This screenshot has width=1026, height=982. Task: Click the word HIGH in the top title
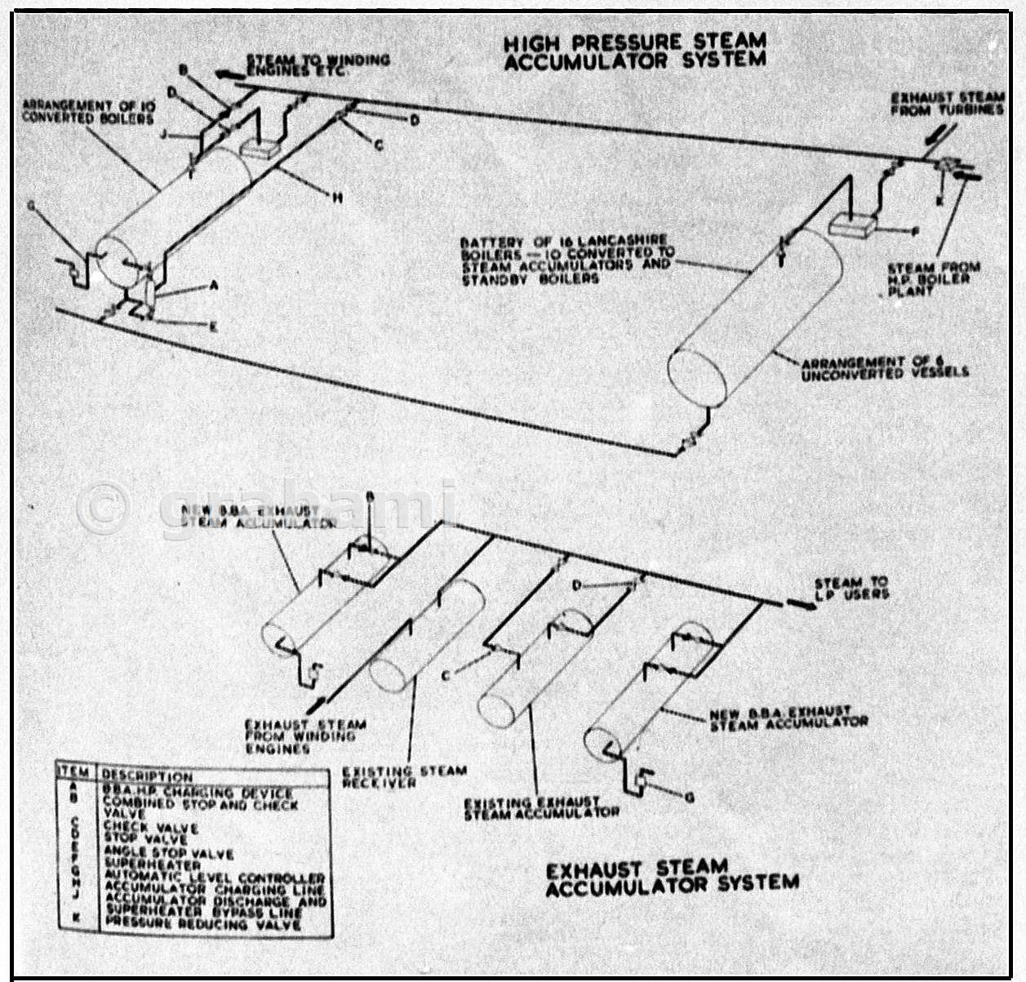tap(532, 43)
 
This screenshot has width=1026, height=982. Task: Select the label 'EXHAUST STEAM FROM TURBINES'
tap(947, 104)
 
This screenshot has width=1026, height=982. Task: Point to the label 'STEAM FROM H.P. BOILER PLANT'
tap(933, 278)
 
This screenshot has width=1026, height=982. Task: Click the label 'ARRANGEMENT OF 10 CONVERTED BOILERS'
tap(88, 112)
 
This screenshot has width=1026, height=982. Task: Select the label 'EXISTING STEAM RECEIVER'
tap(404, 776)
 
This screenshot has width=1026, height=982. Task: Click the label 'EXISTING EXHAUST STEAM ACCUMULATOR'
tap(541, 808)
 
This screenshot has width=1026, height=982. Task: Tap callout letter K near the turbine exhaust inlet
tap(940, 199)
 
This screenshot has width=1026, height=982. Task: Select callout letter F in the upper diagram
tap(915, 232)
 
